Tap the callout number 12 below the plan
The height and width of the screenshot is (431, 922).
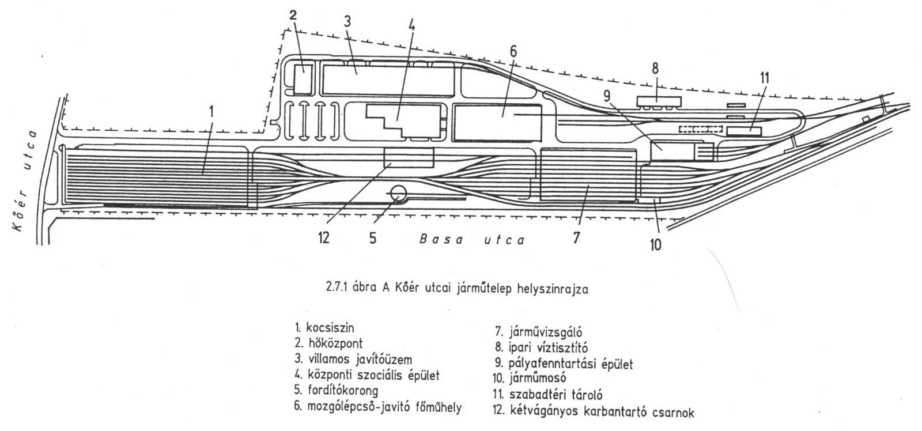[x=323, y=237]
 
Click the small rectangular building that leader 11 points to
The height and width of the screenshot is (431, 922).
[x=744, y=131]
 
